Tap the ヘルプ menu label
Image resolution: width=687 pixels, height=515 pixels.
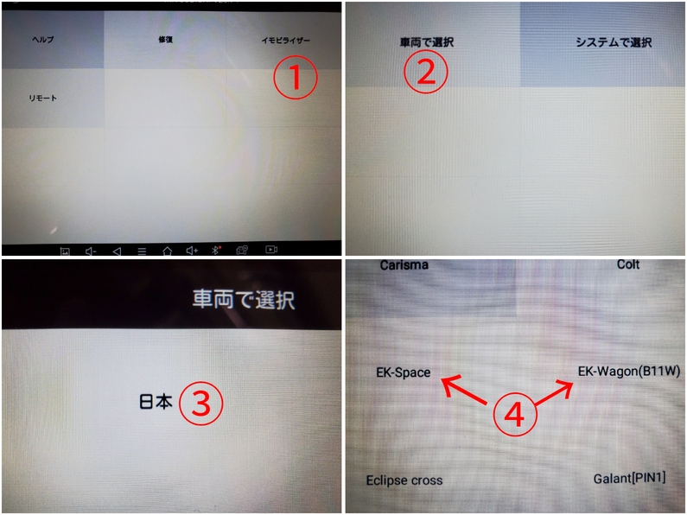pyautogui.click(x=43, y=40)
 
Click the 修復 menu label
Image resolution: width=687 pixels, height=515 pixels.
pyautogui.click(x=166, y=40)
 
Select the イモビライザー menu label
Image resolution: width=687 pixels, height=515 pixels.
pyautogui.click(x=286, y=41)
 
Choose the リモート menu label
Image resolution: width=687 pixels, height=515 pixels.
pyautogui.click(x=43, y=99)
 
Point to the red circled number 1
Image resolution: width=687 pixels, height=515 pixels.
pyautogui.click(x=296, y=78)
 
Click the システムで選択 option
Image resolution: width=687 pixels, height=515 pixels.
pyautogui.click(x=614, y=42)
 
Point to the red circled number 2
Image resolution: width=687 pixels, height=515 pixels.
pyautogui.click(x=426, y=73)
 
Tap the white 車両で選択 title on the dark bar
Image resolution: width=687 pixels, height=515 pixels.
pyautogui.click(x=244, y=300)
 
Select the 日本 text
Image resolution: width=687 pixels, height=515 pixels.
pyautogui.click(x=156, y=402)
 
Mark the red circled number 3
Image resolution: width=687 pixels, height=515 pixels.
pyautogui.click(x=201, y=404)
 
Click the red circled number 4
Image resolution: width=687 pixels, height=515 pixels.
pyautogui.click(x=515, y=414)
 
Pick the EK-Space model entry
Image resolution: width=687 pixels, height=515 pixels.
pyautogui.click(x=403, y=372)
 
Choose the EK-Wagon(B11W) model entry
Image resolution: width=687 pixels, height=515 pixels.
pyautogui.click(x=629, y=372)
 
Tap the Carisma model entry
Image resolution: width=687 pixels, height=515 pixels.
pyautogui.click(x=404, y=265)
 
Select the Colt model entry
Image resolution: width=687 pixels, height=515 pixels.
pyautogui.click(x=628, y=264)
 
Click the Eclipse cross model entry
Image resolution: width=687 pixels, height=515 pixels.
pyautogui.click(x=404, y=480)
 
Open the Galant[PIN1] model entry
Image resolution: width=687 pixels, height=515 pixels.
pyautogui.click(x=630, y=479)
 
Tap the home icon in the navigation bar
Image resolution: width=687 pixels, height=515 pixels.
pyautogui.click(x=167, y=251)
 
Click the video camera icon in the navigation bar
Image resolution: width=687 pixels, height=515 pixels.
pyautogui.click(x=271, y=250)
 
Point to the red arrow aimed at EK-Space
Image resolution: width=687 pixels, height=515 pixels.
pyautogui.click(x=463, y=390)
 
